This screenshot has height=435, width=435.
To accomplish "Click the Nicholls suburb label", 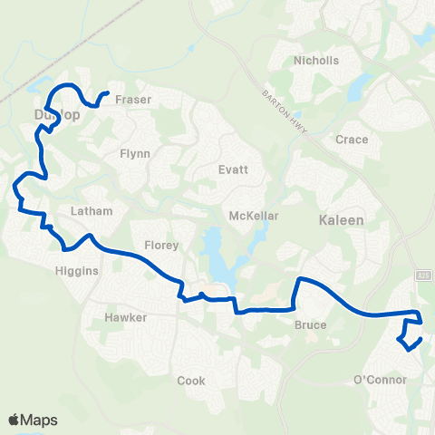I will [x=315, y=62].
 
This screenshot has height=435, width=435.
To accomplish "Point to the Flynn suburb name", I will [x=135, y=154].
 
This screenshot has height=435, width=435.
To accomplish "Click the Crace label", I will [x=352, y=140].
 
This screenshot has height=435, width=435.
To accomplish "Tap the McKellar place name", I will [x=253, y=217].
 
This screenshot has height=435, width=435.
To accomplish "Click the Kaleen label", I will [x=341, y=220].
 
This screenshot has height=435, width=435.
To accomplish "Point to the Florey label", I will [x=162, y=246].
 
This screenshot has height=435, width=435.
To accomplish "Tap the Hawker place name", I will [x=124, y=318].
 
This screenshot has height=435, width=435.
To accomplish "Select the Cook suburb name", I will [x=191, y=381].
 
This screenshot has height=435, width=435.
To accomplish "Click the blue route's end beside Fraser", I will [x=108, y=93].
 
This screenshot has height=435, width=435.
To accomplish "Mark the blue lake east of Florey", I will [x=217, y=259].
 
